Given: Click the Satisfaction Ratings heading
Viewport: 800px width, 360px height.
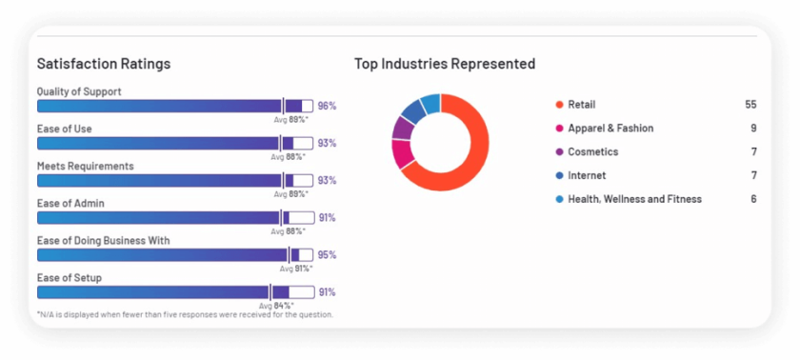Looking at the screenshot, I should pyautogui.click(x=104, y=64).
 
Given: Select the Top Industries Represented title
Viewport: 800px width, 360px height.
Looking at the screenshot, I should pyautogui.click(x=445, y=64).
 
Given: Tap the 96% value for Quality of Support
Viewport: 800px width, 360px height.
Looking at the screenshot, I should pyautogui.click(x=327, y=106).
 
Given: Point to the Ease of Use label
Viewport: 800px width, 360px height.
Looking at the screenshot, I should pyautogui.click(x=64, y=129).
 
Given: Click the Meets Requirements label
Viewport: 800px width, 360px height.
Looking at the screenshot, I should pyautogui.click(x=85, y=166).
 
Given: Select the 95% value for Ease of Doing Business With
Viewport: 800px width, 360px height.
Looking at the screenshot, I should pyautogui.click(x=327, y=255).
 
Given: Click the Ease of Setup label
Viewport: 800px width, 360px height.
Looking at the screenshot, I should pyautogui.click(x=69, y=277).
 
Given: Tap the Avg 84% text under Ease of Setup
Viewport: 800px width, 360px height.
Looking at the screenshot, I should pyautogui.click(x=290, y=305).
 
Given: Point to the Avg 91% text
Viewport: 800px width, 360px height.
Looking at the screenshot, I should pyautogui.click(x=294, y=268).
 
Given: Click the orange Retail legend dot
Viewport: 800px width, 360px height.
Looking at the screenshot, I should pyautogui.click(x=558, y=105).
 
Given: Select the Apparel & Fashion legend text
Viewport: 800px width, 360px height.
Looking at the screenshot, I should pyautogui.click(x=610, y=129).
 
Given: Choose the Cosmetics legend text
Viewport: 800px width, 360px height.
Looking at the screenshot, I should pyautogui.click(x=592, y=152).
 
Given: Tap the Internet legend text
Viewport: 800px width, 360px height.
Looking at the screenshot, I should pyautogui.click(x=587, y=175).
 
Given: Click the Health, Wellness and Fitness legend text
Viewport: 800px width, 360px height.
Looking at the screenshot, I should pyautogui.click(x=634, y=199).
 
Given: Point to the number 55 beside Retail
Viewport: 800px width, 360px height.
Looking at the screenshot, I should pyautogui.click(x=750, y=105).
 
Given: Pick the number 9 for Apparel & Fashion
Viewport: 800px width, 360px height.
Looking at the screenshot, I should pyautogui.click(x=753, y=129).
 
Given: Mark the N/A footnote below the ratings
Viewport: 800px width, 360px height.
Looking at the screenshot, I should pyautogui.click(x=185, y=314).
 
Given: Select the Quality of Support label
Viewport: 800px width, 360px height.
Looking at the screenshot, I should pyautogui.click(x=79, y=91).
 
